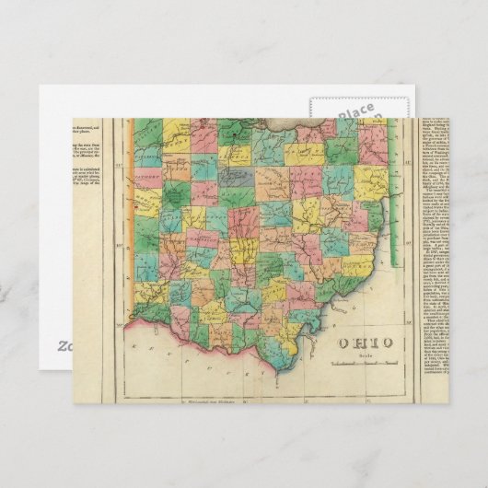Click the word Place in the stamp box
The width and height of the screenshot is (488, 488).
pyautogui.click(x=354, y=112)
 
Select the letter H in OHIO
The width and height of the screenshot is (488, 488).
pyautogui.click(x=360, y=343)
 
